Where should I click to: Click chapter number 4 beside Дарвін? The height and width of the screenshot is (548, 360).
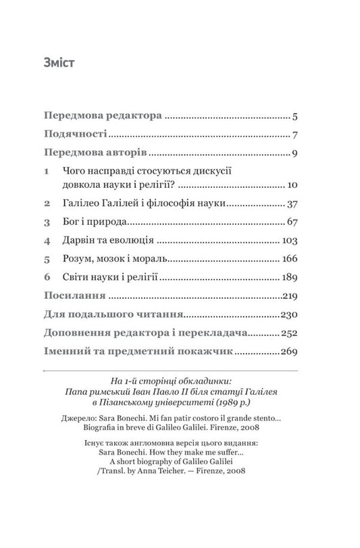click(x=47, y=240)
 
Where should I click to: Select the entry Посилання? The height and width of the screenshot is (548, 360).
click(x=74, y=296)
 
